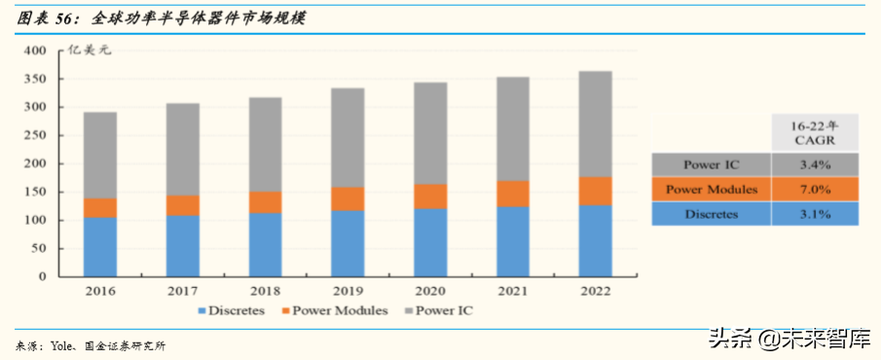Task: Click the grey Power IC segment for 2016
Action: click(100, 156)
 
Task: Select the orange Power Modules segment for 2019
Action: click(349, 199)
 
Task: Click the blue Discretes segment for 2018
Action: click(266, 244)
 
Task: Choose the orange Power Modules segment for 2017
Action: click(183, 205)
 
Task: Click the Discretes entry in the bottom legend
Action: click(234, 311)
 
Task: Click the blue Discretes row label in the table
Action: click(711, 214)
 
